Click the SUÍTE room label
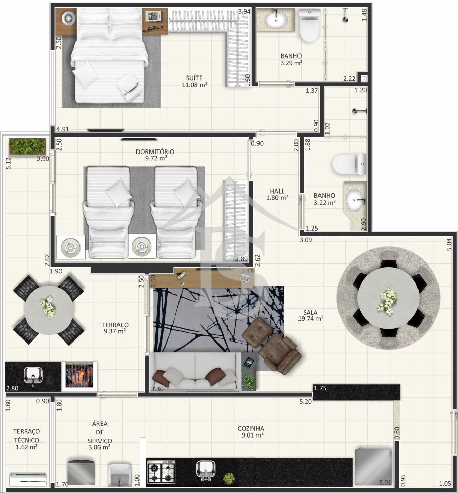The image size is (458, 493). [x=194, y=78]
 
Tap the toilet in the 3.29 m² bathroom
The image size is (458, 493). [x=309, y=26]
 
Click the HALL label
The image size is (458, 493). [x=277, y=191]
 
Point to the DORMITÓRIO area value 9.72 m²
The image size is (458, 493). [x=156, y=158]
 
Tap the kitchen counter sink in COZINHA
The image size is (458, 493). [x=206, y=470]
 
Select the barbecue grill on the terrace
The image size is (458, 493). [x=79, y=375]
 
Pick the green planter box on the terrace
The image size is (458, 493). [x=27, y=146]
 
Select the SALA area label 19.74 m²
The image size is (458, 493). [x=311, y=318]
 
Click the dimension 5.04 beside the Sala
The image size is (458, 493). [x=449, y=244]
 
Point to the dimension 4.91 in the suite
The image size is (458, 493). [x=63, y=129]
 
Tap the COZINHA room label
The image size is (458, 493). [x=251, y=428]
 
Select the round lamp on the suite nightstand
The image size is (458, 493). [x=68, y=18]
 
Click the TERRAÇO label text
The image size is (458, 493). [x=115, y=325]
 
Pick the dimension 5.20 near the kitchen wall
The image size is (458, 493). [x=306, y=401]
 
